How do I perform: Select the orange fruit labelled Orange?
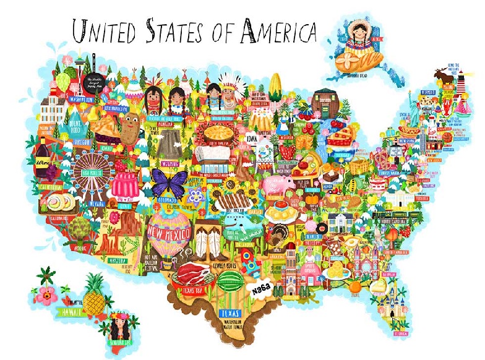tap(354, 287)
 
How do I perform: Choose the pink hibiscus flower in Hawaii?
tap(45, 294)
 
